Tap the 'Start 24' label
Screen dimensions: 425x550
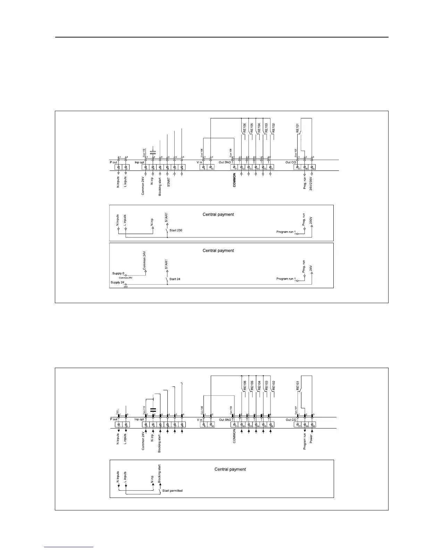click(x=175, y=279)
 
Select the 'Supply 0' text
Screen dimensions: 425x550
click(x=118, y=274)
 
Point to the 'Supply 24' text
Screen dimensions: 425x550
click(x=117, y=283)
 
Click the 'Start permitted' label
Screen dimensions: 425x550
click(x=172, y=491)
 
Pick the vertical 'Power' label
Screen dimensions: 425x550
click(x=311, y=439)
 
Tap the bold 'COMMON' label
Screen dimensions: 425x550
click(x=234, y=180)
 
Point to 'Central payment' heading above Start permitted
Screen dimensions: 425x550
click(x=230, y=469)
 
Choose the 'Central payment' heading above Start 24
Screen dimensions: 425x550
click(x=218, y=251)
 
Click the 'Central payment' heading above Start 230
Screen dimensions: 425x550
click(x=218, y=215)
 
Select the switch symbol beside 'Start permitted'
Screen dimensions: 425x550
click(x=160, y=490)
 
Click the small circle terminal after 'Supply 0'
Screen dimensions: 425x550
click(x=126, y=275)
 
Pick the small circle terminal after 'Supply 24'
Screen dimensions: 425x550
click(x=126, y=284)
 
